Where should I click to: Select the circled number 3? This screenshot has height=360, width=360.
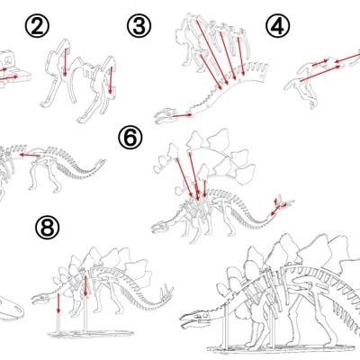pos(139,26)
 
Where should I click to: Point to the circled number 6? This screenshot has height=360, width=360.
pos(131,137)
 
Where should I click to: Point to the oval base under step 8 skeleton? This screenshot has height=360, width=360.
pos(76,336)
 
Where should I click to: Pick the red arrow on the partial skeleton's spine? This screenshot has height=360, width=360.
pos(34,157)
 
